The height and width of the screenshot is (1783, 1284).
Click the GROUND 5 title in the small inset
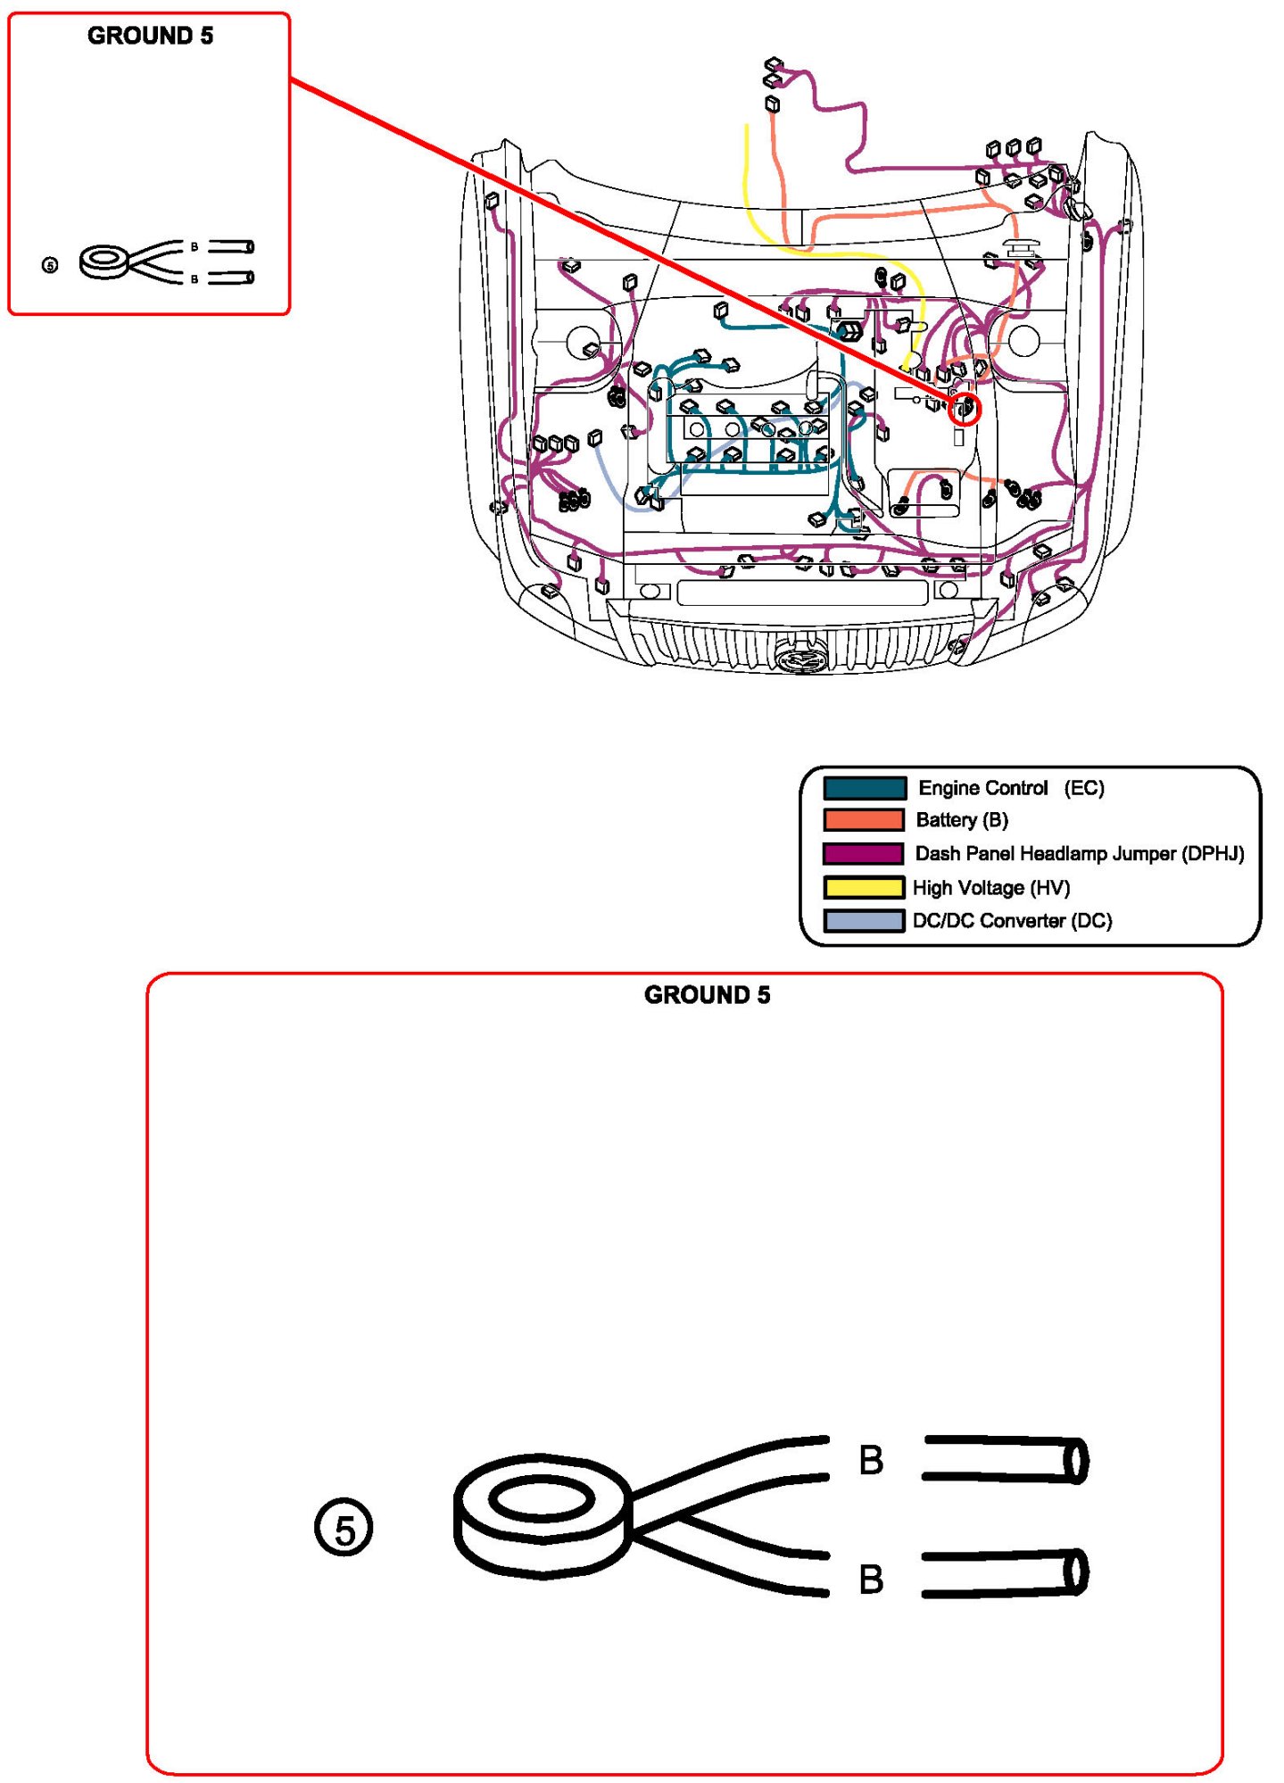(x=150, y=36)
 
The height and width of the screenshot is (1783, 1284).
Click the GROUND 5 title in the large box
(x=707, y=995)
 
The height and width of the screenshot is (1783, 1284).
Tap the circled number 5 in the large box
(x=344, y=1529)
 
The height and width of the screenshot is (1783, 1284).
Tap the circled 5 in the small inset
(x=50, y=265)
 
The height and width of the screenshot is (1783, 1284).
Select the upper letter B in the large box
(x=871, y=1461)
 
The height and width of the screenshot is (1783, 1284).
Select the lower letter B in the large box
(x=871, y=1580)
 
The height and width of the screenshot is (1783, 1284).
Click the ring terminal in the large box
(x=542, y=1514)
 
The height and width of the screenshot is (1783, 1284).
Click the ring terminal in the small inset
(x=105, y=261)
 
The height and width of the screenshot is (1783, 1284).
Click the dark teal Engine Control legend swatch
(x=864, y=788)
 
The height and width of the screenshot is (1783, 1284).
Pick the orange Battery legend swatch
(x=864, y=820)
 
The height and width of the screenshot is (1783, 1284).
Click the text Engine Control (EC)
(x=1011, y=788)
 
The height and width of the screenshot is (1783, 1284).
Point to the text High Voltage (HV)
(x=990, y=887)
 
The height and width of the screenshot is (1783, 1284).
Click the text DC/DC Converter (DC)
(x=1012, y=920)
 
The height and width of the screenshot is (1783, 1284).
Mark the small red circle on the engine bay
(x=966, y=411)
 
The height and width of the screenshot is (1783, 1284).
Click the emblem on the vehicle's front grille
(x=792, y=659)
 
